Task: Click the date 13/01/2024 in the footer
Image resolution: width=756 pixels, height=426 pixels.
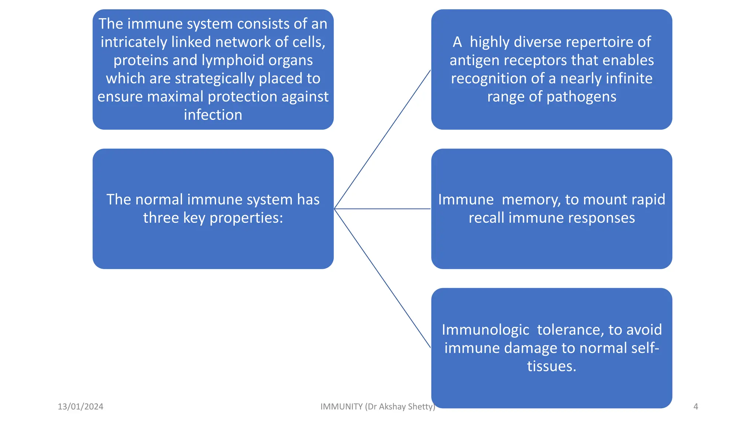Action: point(80,407)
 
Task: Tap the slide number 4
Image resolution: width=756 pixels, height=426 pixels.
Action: point(695,407)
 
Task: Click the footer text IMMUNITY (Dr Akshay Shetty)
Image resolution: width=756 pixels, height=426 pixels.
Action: point(377,407)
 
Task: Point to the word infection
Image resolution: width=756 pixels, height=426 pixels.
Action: point(213,115)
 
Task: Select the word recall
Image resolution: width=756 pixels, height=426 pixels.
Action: point(487,218)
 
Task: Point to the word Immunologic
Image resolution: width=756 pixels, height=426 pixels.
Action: point(485,330)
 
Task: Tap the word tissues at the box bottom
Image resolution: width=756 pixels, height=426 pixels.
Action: point(551,366)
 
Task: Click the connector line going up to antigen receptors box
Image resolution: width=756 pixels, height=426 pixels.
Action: point(382,139)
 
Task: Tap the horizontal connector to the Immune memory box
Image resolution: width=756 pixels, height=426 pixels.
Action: point(382,209)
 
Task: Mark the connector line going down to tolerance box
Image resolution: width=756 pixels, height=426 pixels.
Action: point(382,278)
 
